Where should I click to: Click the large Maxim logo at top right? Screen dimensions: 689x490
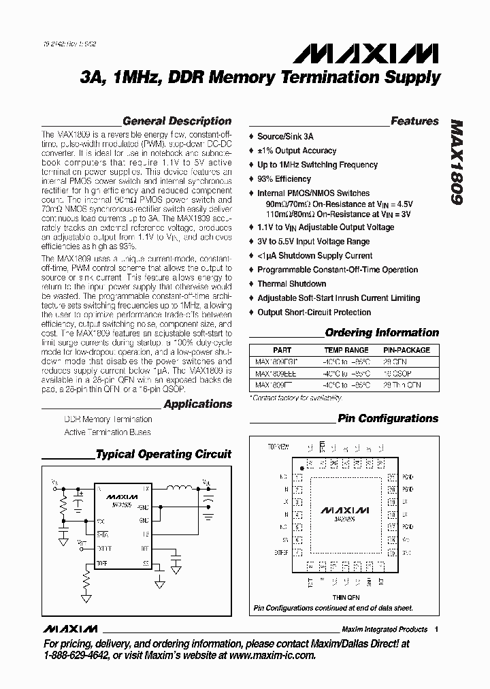[391, 53]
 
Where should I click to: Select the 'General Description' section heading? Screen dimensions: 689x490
[177, 121]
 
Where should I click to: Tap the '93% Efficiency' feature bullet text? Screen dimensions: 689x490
[284, 179]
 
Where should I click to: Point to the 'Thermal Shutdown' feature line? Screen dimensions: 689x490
[291, 284]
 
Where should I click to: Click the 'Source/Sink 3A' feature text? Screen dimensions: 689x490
[285, 136]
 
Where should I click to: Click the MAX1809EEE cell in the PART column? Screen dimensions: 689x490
[275, 373]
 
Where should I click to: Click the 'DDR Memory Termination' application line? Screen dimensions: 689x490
[108, 419]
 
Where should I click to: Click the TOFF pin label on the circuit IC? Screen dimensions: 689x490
[101, 564]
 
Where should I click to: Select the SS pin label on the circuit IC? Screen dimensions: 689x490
[146, 564]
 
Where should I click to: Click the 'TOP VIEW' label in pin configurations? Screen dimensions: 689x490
[278, 447]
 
